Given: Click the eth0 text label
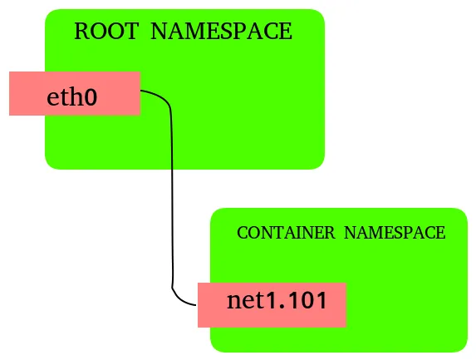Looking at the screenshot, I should tap(71, 97).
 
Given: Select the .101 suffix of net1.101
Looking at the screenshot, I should tap(303, 300).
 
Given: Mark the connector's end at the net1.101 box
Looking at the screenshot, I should tap(196, 304).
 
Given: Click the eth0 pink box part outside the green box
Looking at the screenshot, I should tap(26, 93).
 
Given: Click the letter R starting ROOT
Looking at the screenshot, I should tap(81, 33).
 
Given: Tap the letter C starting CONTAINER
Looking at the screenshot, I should tap(242, 233).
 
